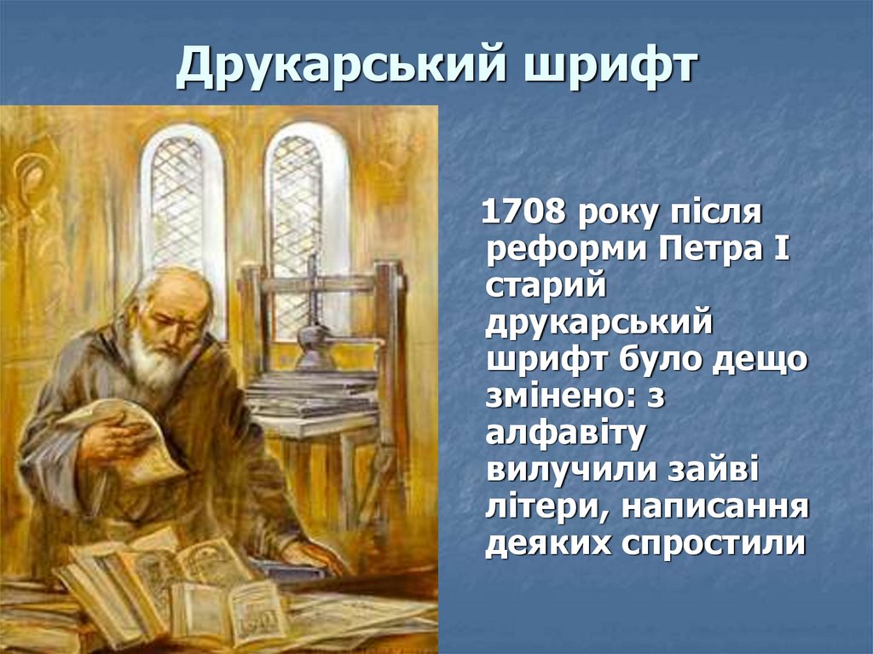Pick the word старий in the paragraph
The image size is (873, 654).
coord(546,288)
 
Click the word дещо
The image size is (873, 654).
coord(760,360)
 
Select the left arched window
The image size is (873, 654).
coord(180,205)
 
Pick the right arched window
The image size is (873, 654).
coord(304,205)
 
